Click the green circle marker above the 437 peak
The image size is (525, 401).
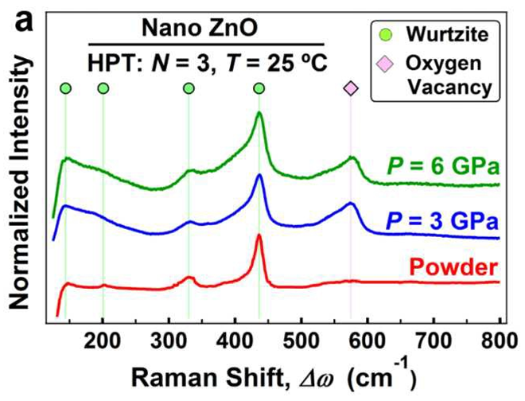pyautogui.click(x=259, y=88)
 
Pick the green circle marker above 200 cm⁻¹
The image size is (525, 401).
pyautogui.click(x=103, y=88)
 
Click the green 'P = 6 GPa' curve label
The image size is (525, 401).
pyautogui.click(x=441, y=168)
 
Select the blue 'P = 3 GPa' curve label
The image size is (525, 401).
pyautogui.click(x=442, y=220)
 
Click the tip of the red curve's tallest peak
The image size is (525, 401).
pyautogui.click(x=259, y=236)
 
